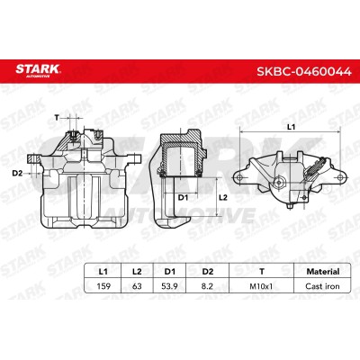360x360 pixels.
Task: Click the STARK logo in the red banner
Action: click(38, 71)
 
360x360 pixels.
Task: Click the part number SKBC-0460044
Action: click(303, 72)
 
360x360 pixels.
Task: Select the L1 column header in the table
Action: click(103, 272)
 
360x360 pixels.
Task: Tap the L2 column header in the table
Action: click(137, 272)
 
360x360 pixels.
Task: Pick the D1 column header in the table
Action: click(170, 272)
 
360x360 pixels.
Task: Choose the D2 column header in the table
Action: click(207, 272)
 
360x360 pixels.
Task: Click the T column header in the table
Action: click(262, 272)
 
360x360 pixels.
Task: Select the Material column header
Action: click(323, 272)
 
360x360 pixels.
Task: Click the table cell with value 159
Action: click(103, 286)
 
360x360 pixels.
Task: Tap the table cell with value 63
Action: click(137, 286)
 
